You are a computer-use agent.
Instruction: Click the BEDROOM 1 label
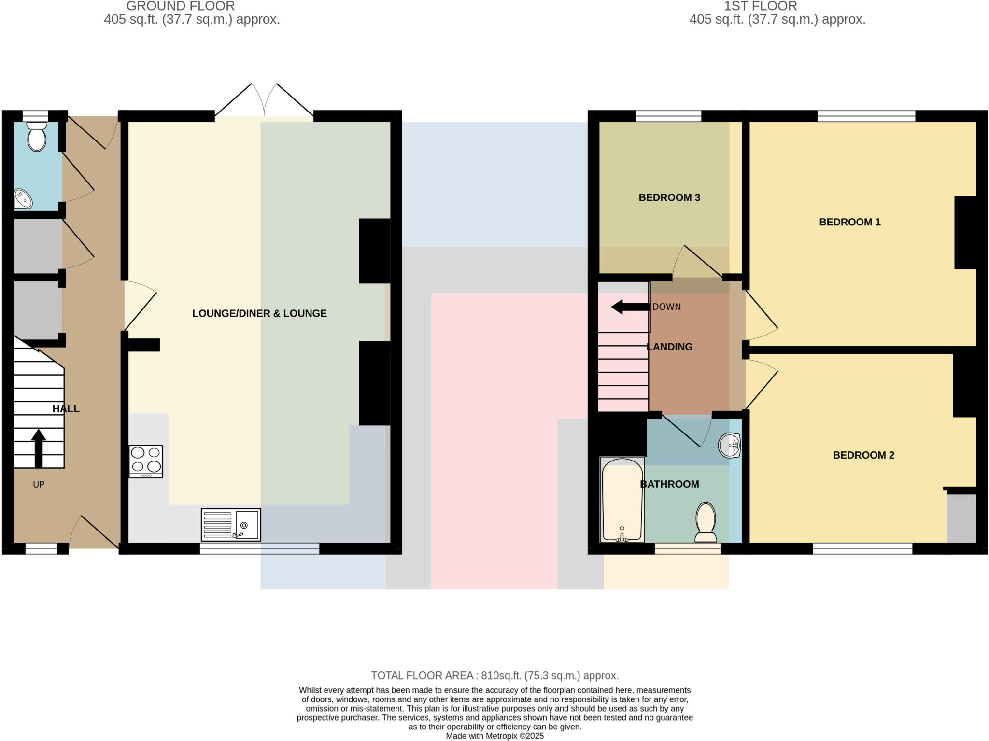(x=849, y=222)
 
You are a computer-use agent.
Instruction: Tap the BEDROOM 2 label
(x=863, y=455)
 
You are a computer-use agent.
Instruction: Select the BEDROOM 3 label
(x=669, y=197)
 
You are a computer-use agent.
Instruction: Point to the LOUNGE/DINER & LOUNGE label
(x=259, y=313)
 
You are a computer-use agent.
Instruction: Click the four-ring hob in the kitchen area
(x=146, y=461)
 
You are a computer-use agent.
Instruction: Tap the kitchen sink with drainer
(x=231, y=525)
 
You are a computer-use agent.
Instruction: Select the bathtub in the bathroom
(x=622, y=500)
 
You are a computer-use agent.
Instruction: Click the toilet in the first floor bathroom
(x=706, y=522)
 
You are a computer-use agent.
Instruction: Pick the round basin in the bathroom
(x=729, y=445)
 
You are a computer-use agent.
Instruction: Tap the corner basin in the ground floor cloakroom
(x=22, y=199)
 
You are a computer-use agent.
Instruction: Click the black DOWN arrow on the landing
(x=630, y=307)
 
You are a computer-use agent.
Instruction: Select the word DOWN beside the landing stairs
(x=666, y=307)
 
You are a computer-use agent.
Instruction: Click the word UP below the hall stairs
(x=39, y=485)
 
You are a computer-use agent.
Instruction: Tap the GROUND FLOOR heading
(x=181, y=6)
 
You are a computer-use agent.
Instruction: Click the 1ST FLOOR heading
(x=760, y=6)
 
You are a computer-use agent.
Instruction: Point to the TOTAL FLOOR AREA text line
(x=494, y=675)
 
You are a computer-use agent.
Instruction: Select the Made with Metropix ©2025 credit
(x=494, y=736)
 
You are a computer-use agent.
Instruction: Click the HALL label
(x=66, y=409)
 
